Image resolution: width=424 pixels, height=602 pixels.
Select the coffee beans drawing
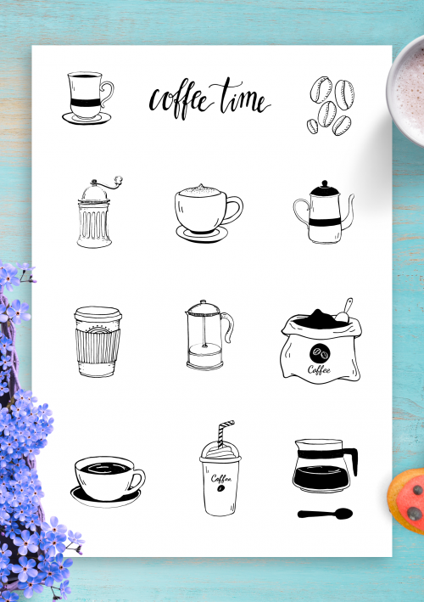click(x=329, y=105)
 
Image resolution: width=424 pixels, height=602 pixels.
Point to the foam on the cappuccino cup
click(x=200, y=193)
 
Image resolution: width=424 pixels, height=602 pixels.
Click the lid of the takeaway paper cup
click(x=97, y=315)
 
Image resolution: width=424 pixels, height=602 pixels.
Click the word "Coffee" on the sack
click(x=319, y=368)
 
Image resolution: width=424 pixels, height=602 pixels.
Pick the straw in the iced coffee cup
click(x=225, y=434)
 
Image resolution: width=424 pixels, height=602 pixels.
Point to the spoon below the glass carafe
click(x=325, y=514)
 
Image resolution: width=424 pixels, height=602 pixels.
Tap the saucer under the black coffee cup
click(x=105, y=498)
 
